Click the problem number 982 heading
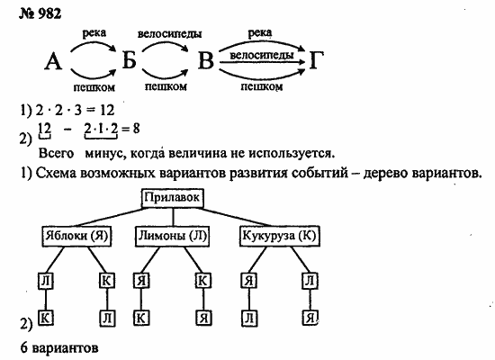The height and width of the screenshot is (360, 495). click(x=40, y=13)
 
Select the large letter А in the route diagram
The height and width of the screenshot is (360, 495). click(x=53, y=61)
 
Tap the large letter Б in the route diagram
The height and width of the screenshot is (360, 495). click(x=129, y=59)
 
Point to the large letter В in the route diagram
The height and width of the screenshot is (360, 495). click(x=206, y=60)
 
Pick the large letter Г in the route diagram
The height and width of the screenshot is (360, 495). click(x=317, y=59)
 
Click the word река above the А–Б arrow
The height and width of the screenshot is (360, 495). click(x=94, y=32)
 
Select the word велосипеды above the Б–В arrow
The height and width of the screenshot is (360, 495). click(x=169, y=34)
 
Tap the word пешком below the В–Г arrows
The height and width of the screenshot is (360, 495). click(x=262, y=86)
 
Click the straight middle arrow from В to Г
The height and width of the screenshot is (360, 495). click(x=262, y=62)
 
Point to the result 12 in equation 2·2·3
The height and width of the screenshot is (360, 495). click(x=107, y=110)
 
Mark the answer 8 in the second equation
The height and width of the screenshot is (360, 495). click(x=136, y=129)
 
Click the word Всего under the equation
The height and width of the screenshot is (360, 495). click(x=56, y=154)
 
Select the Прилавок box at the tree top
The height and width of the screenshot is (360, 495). click(x=173, y=198)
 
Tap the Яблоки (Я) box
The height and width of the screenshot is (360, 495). click(x=76, y=236)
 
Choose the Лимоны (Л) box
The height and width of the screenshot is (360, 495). click(x=173, y=236)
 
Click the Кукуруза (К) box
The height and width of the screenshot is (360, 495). click(x=280, y=236)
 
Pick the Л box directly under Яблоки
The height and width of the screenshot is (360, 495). click(x=46, y=281)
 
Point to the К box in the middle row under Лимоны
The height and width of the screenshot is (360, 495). click(x=202, y=281)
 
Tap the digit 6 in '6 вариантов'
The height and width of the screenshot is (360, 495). click(x=24, y=347)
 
